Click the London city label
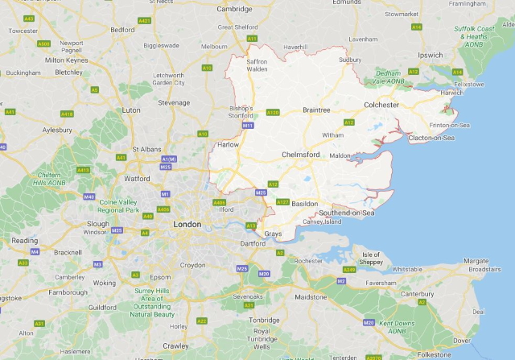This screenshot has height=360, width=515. click(187, 224)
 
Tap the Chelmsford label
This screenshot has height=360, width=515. click(302, 154)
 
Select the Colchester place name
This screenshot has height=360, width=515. click(381, 105)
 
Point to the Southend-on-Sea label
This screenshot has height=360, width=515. click(346, 213)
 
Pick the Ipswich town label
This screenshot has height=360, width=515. click(431, 56)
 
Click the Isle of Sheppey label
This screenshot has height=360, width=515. click(371, 259)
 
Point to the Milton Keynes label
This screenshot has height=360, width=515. click(67, 60)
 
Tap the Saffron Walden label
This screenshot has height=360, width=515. click(256, 65)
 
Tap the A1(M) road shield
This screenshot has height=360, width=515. click(168, 159)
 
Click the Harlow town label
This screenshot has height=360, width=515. click(229, 145)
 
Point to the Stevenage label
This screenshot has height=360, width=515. click(174, 102)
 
